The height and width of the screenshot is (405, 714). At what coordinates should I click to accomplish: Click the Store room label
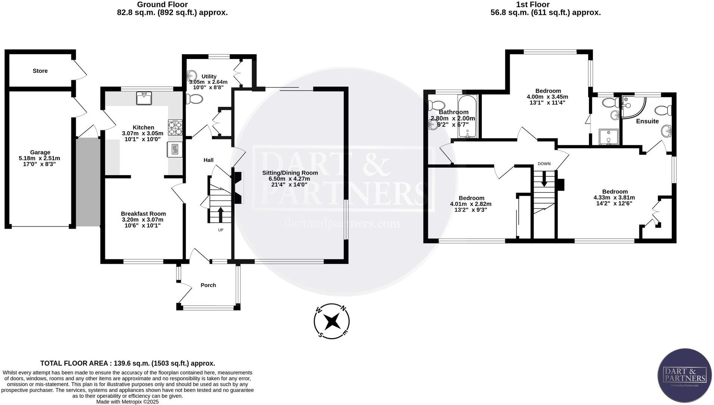point(40,71)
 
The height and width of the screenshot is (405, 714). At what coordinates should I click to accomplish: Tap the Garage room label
point(40,152)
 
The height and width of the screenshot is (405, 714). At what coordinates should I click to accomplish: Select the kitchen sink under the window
point(144,99)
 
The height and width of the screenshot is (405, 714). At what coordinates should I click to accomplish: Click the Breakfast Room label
point(143,214)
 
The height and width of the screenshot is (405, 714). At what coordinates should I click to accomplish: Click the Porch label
point(208,285)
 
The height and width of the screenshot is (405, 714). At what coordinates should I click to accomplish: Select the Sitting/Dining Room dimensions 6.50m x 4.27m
point(290,179)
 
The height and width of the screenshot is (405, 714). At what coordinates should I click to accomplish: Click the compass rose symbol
point(332,321)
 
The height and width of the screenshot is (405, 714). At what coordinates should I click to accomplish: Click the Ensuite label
point(647,121)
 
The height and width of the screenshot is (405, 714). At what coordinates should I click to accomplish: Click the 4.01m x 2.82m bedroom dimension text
point(471,204)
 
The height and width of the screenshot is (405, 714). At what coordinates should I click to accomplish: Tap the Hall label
point(208,160)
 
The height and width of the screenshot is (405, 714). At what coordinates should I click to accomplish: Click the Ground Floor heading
point(162,4)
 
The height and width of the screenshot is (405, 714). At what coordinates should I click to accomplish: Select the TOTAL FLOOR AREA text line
point(127,363)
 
